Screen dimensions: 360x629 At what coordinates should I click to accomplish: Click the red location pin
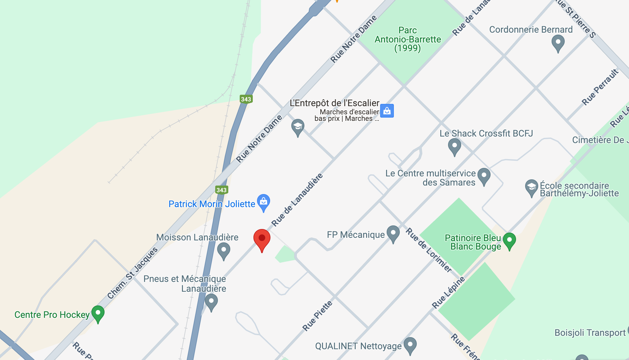point(262,239)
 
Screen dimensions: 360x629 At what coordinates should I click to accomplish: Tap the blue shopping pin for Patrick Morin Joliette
point(264,202)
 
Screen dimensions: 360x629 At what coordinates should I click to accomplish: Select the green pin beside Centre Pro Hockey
point(98,313)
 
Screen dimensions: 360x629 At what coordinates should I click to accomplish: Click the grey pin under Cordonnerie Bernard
point(558,42)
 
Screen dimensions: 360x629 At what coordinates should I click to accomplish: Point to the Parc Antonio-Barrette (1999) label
point(408,39)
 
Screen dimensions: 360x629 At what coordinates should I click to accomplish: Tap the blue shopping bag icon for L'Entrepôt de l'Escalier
point(387,111)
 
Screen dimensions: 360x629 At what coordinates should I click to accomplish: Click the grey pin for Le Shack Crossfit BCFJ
point(454,146)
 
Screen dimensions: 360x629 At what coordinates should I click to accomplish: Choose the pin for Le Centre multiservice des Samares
point(484,175)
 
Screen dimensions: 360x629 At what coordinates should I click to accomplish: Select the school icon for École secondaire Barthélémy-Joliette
point(531,187)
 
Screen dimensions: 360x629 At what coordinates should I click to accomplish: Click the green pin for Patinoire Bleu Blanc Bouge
point(509,240)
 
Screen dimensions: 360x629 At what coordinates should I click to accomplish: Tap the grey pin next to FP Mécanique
point(393,233)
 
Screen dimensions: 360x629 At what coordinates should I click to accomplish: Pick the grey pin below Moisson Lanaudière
point(224,251)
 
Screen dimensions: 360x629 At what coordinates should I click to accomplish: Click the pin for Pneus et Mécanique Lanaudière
point(211,302)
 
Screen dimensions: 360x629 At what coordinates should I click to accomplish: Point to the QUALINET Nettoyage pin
point(410,345)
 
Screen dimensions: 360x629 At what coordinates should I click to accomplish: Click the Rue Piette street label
point(317,316)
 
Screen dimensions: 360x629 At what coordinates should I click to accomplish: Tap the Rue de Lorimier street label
point(429,250)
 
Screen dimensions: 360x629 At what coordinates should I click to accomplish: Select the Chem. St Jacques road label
point(133,273)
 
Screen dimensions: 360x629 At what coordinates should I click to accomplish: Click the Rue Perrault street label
point(600,87)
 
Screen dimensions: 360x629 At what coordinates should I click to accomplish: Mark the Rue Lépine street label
point(448,292)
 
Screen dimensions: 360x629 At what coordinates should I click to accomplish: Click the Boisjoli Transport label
point(590,333)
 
